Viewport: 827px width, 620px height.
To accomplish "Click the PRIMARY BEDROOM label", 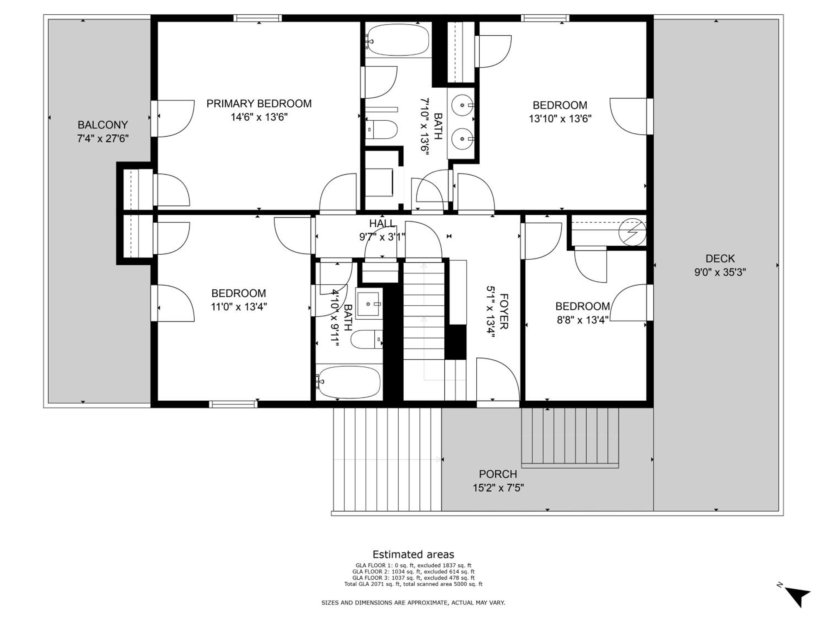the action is [x=259, y=104].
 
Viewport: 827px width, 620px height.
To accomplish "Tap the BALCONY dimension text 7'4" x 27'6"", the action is [x=103, y=139].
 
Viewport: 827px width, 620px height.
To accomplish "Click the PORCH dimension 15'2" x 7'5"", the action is [x=498, y=488].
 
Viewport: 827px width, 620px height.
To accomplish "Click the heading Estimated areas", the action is [x=413, y=554].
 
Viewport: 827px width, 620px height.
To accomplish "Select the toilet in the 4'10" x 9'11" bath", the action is [x=367, y=339].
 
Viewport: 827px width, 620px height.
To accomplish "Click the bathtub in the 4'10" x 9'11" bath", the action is [x=348, y=382].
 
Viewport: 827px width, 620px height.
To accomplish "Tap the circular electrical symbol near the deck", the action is [x=632, y=232].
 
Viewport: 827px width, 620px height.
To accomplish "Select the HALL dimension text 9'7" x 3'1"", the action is [x=382, y=237].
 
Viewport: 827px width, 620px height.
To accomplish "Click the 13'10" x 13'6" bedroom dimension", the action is [x=560, y=119].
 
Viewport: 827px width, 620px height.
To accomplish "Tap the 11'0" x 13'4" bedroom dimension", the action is [x=239, y=307].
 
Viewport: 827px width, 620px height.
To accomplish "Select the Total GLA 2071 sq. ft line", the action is [x=413, y=584].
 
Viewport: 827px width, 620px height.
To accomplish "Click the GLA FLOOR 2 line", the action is [x=413, y=572].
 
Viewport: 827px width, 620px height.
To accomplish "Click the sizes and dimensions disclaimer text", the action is [x=413, y=602].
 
